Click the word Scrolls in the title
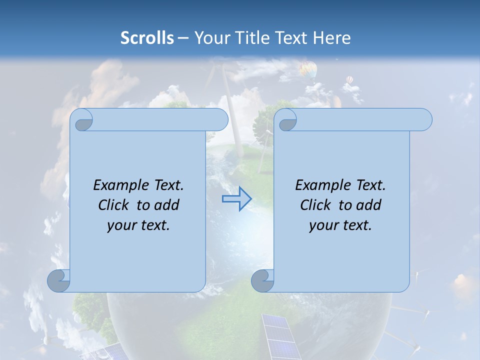click(x=147, y=37)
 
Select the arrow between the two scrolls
click(x=236, y=199)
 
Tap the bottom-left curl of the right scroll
click(x=262, y=280)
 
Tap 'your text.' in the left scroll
click(x=138, y=225)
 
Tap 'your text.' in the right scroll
click(x=340, y=225)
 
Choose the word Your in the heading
click(x=210, y=37)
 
